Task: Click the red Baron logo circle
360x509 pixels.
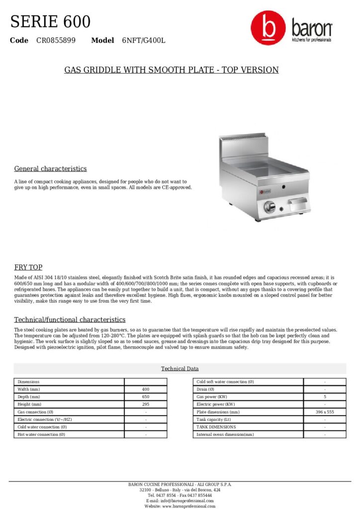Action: point(268,28)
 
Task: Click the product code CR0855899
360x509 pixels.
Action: point(56,40)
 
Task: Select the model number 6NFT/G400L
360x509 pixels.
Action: point(143,40)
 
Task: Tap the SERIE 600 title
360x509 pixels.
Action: point(50,22)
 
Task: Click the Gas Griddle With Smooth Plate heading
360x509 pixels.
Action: point(172,70)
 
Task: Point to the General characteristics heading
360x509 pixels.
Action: point(50,169)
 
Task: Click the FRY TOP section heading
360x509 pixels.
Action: point(28,267)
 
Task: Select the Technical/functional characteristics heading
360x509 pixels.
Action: point(70,319)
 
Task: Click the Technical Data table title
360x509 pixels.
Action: point(180,368)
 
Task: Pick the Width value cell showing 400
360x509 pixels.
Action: point(146,389)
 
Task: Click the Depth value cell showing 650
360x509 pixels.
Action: point(146,397)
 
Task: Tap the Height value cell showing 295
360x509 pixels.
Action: point(146,405)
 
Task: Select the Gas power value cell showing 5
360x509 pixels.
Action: point(325,397)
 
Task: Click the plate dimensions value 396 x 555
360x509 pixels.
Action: point(325,412)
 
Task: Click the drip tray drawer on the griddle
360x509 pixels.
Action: point(297,204)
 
